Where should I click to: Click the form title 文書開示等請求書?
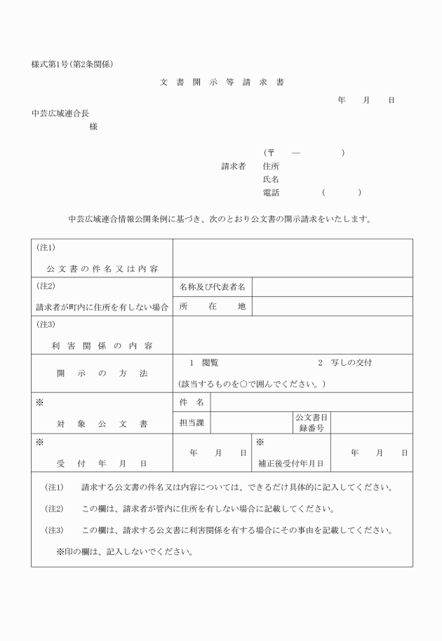pos(222,82)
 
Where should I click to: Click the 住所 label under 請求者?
pos(271,167)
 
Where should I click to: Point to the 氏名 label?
pos(271,179)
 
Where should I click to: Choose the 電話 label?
pos(271,193)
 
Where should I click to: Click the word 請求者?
pos(234,167)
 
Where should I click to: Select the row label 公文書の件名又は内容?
pos(102,268)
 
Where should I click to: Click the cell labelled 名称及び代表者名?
pos(212,287)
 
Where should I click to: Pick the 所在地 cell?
pos(212,306)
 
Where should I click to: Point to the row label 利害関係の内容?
pos(102,345)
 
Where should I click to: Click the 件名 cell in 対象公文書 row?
pos(192,402)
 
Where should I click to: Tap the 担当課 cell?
pos(192,422)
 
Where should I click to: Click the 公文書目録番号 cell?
pos(312,422)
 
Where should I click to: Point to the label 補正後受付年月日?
pos(291,463)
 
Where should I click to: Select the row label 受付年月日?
pos(102,463)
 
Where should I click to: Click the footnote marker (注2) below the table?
pos(55,509)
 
